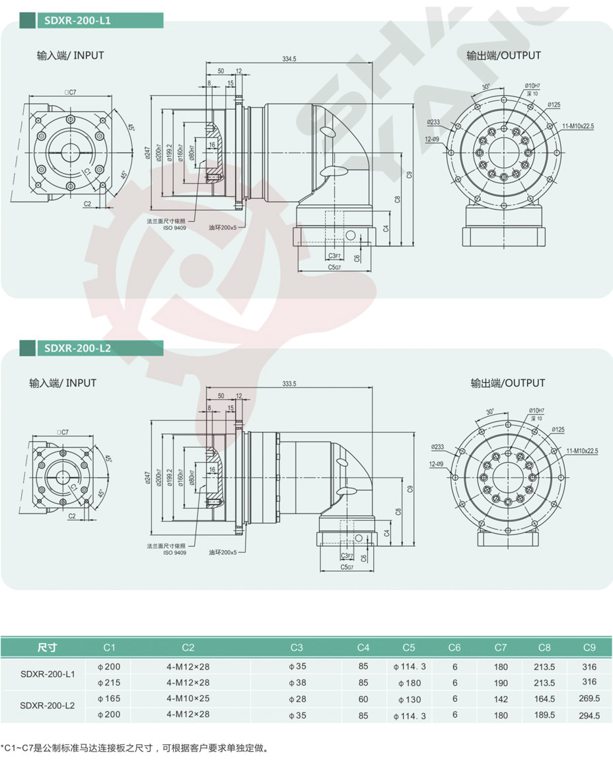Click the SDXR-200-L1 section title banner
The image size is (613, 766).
78,20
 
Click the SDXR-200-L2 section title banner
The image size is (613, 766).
78,348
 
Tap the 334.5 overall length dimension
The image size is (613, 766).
289,59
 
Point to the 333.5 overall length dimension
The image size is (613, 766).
289,383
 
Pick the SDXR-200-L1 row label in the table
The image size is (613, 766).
48,674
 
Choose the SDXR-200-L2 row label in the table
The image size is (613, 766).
48,706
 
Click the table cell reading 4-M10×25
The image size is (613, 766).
188,698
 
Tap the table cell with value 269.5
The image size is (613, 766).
589,698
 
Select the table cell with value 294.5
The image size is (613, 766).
589,714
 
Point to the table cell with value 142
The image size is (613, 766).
501,698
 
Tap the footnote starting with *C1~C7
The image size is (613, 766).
135,748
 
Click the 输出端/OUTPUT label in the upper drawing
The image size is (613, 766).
503,56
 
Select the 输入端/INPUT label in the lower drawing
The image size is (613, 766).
63,383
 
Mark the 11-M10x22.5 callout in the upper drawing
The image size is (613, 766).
579,126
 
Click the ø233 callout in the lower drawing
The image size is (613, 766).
442,446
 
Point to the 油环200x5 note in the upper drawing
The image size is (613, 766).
223,227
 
